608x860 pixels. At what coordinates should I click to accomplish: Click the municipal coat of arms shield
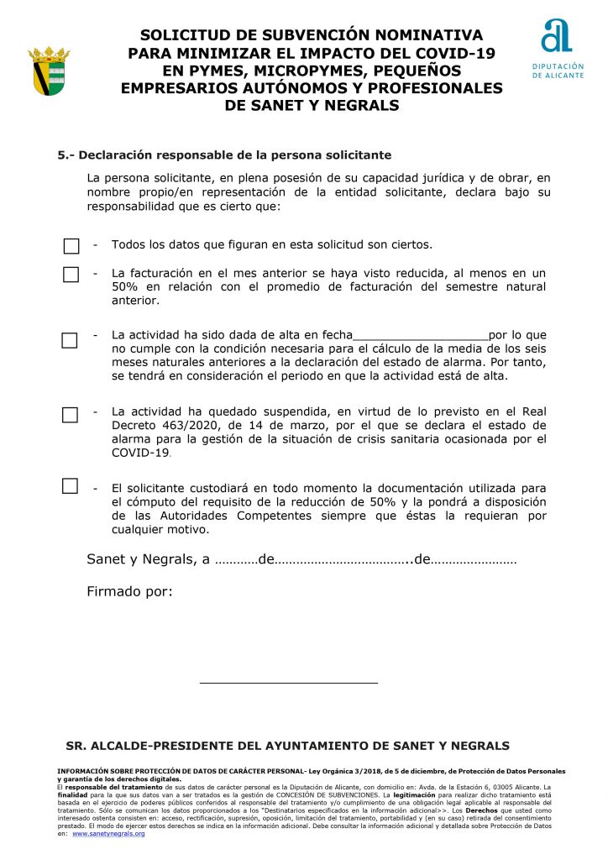tap(49, 71)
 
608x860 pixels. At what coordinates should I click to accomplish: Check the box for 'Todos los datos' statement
tap(71, 246)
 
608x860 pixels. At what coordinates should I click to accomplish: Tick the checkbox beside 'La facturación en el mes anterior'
tap(71, 275)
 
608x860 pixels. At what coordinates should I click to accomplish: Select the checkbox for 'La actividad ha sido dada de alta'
tap(70, 340)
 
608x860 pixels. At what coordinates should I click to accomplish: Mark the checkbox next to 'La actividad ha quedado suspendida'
tap(71, 415)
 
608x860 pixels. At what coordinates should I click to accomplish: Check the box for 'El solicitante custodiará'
tap(71, 486)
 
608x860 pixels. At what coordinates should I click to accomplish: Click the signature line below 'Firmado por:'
tap(289, 682)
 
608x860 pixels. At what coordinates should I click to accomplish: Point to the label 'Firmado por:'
tap(129, 591)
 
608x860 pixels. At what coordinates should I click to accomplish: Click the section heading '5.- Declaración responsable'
tap(224, 155)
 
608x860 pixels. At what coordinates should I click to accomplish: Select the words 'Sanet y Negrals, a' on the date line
tap(149, 559)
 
